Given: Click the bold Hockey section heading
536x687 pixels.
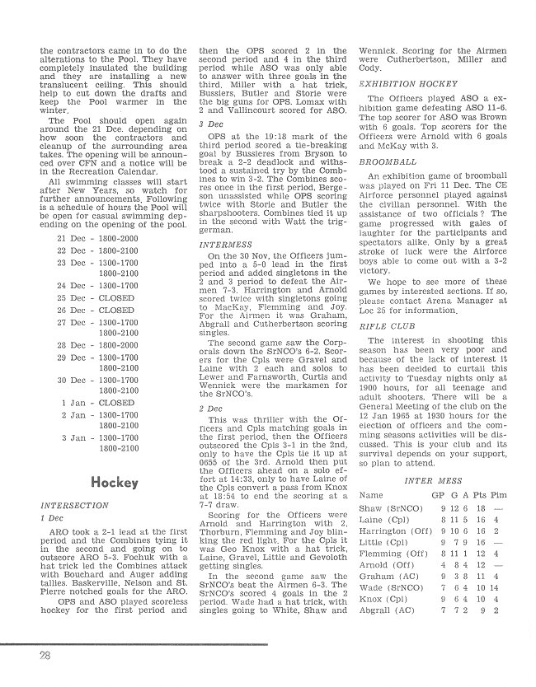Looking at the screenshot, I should (x=115, y=482).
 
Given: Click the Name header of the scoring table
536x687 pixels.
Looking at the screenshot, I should (x=373, y=495).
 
